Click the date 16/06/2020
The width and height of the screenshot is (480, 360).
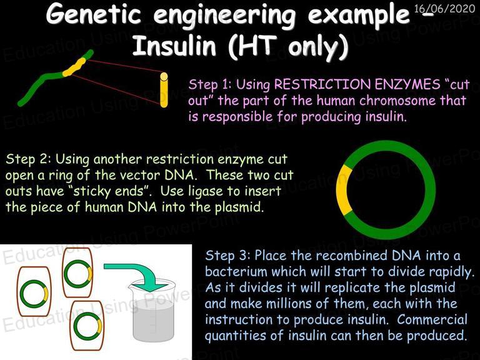(444, 9)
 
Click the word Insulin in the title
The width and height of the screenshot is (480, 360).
(174, 46)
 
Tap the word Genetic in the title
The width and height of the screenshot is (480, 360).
(94, 14)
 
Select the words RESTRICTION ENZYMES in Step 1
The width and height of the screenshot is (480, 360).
(357, 84)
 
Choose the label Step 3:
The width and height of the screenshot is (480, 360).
(227, 255)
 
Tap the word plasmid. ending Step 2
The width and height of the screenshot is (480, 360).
(239, 207)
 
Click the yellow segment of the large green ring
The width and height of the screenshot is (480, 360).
(344, 189)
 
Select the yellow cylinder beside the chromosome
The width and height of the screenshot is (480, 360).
(164, 90)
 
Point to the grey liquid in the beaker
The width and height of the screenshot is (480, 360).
(154, 320)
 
